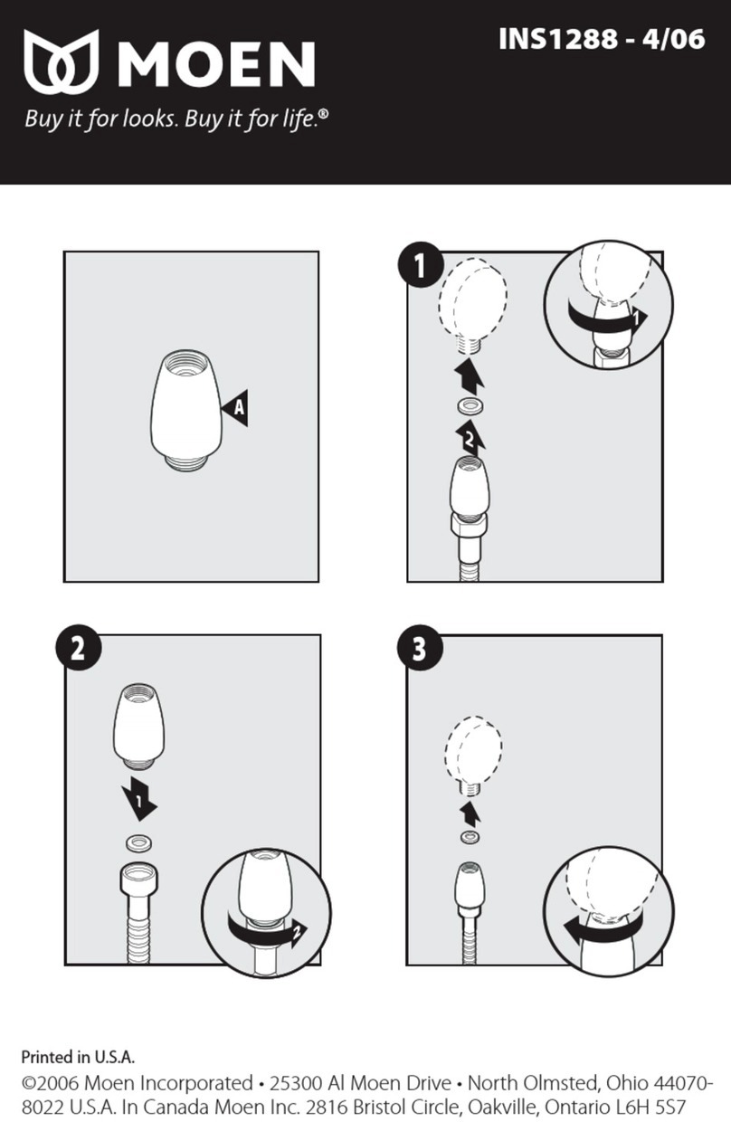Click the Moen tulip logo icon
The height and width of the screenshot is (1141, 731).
point(62,62)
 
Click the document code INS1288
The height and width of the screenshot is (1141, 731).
point(558,39)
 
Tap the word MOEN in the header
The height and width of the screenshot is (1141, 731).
point(216,64)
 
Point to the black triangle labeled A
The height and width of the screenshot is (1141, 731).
point(236,407)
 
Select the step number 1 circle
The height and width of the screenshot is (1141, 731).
point(421,265)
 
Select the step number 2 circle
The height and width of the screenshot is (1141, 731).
point(78,649)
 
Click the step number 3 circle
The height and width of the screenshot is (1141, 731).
point(420,649)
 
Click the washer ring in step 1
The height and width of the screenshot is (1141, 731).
point(470,406)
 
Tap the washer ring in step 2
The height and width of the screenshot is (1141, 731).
point(139,843)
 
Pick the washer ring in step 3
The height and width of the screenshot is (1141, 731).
point(470,836)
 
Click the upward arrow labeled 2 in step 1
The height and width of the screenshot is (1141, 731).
point(470,437)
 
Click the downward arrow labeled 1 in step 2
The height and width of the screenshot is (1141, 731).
point(138,798)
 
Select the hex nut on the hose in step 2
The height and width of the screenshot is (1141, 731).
point(139,880)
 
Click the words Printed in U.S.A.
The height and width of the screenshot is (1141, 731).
point(78,1058)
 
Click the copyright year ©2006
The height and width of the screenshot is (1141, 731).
point(50,1082)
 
